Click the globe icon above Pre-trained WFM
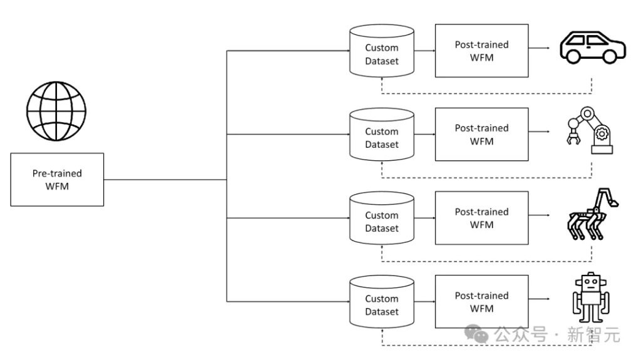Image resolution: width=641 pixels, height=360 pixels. coord(56,111)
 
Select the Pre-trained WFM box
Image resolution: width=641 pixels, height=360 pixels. coord(57,180)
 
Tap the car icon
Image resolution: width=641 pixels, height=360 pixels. coord(592,48)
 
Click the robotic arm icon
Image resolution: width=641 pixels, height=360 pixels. coord(590,130)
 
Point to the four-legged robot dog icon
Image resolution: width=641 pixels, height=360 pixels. coord(592,214)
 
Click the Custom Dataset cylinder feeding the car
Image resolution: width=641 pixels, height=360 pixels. coord(382,51)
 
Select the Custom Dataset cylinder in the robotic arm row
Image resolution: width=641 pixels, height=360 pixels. coord(382,134)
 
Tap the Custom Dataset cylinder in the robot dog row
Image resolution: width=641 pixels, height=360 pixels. coord(382,218)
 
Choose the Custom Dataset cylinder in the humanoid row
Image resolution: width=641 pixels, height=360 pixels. coord(382,302)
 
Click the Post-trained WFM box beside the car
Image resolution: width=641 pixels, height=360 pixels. coord(481,51)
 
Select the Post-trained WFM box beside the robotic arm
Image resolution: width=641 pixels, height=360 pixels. coord(481,134)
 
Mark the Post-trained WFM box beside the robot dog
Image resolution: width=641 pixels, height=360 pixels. coord(481,218)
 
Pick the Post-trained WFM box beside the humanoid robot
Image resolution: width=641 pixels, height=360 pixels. coord(481,302)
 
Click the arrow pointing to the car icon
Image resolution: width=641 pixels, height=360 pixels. coord(539,48)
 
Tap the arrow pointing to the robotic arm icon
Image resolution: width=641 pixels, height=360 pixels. coord(539,131)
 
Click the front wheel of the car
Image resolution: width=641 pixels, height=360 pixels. coord(573,56)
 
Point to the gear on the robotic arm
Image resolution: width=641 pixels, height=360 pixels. coord(602,134)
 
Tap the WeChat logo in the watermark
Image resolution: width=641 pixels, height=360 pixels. coord(476,334)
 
